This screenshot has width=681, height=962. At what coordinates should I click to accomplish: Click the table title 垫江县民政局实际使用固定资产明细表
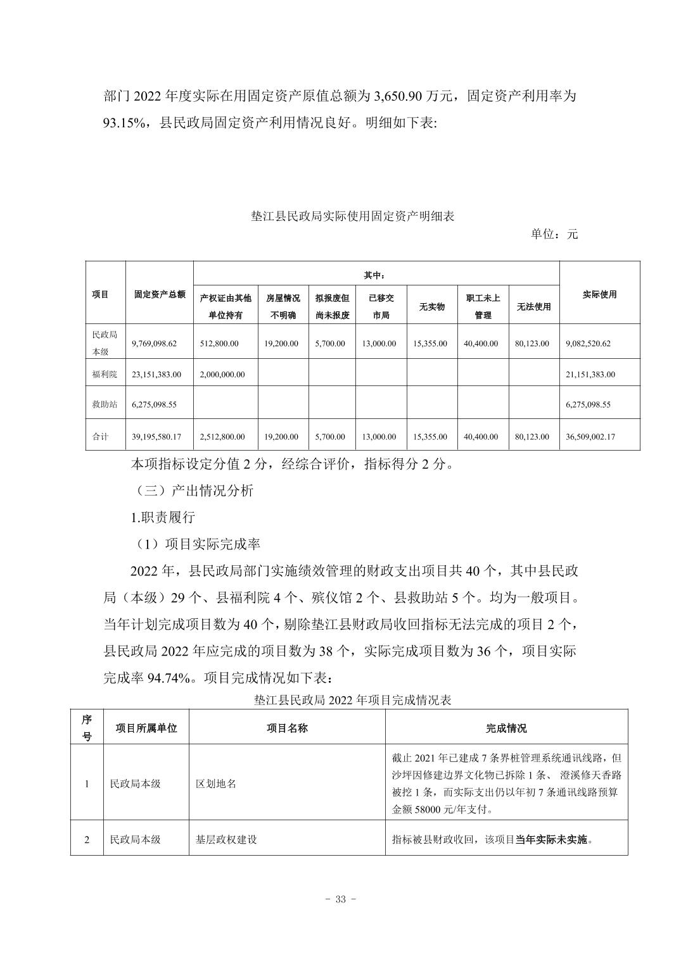[352, 216]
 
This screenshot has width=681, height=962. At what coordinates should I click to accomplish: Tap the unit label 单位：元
[554, 234]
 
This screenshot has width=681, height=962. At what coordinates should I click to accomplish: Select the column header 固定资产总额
[160, 294]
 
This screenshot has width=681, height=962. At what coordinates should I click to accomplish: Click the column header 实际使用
[599, 294]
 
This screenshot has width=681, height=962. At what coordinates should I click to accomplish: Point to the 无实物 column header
[431, 307]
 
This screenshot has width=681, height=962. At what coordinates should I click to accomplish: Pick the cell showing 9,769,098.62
[155, 344]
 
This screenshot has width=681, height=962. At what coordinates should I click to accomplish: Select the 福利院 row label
[105, 375]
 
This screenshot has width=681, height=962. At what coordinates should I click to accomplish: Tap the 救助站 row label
[105, 404]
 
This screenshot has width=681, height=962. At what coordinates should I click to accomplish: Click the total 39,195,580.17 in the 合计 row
[156, 437]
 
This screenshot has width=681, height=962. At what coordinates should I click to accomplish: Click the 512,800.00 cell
[219, 344]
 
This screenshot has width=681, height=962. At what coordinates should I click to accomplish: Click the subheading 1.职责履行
[163, 517]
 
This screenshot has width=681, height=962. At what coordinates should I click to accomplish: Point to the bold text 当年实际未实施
[551, 840]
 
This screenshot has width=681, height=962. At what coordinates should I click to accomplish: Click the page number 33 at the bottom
[340, 899]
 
